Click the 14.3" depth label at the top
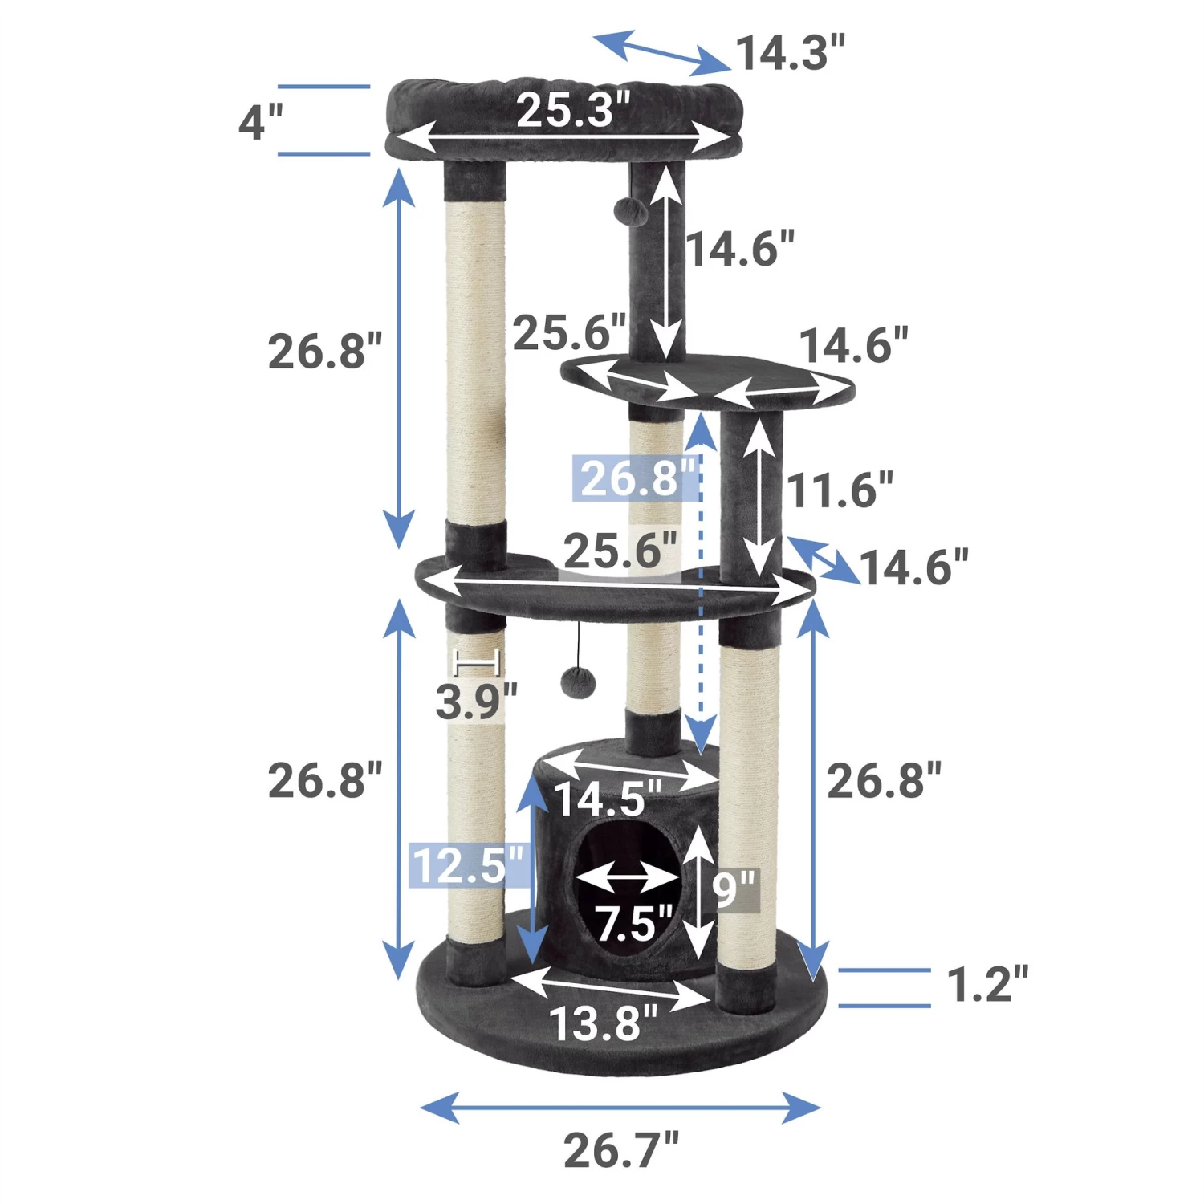(790, 53)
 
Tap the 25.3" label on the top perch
(572, 110)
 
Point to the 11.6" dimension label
(839, 490)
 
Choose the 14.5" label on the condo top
(608, 799)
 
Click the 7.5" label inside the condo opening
(633, 923)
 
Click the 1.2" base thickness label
(986, 984)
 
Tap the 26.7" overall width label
(620, 1150)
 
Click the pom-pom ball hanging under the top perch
(630, 212)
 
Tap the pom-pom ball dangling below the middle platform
(578, 683)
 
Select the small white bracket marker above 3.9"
(478, 663)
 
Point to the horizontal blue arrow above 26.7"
(620, 1108)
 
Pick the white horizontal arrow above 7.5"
(628, 881)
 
